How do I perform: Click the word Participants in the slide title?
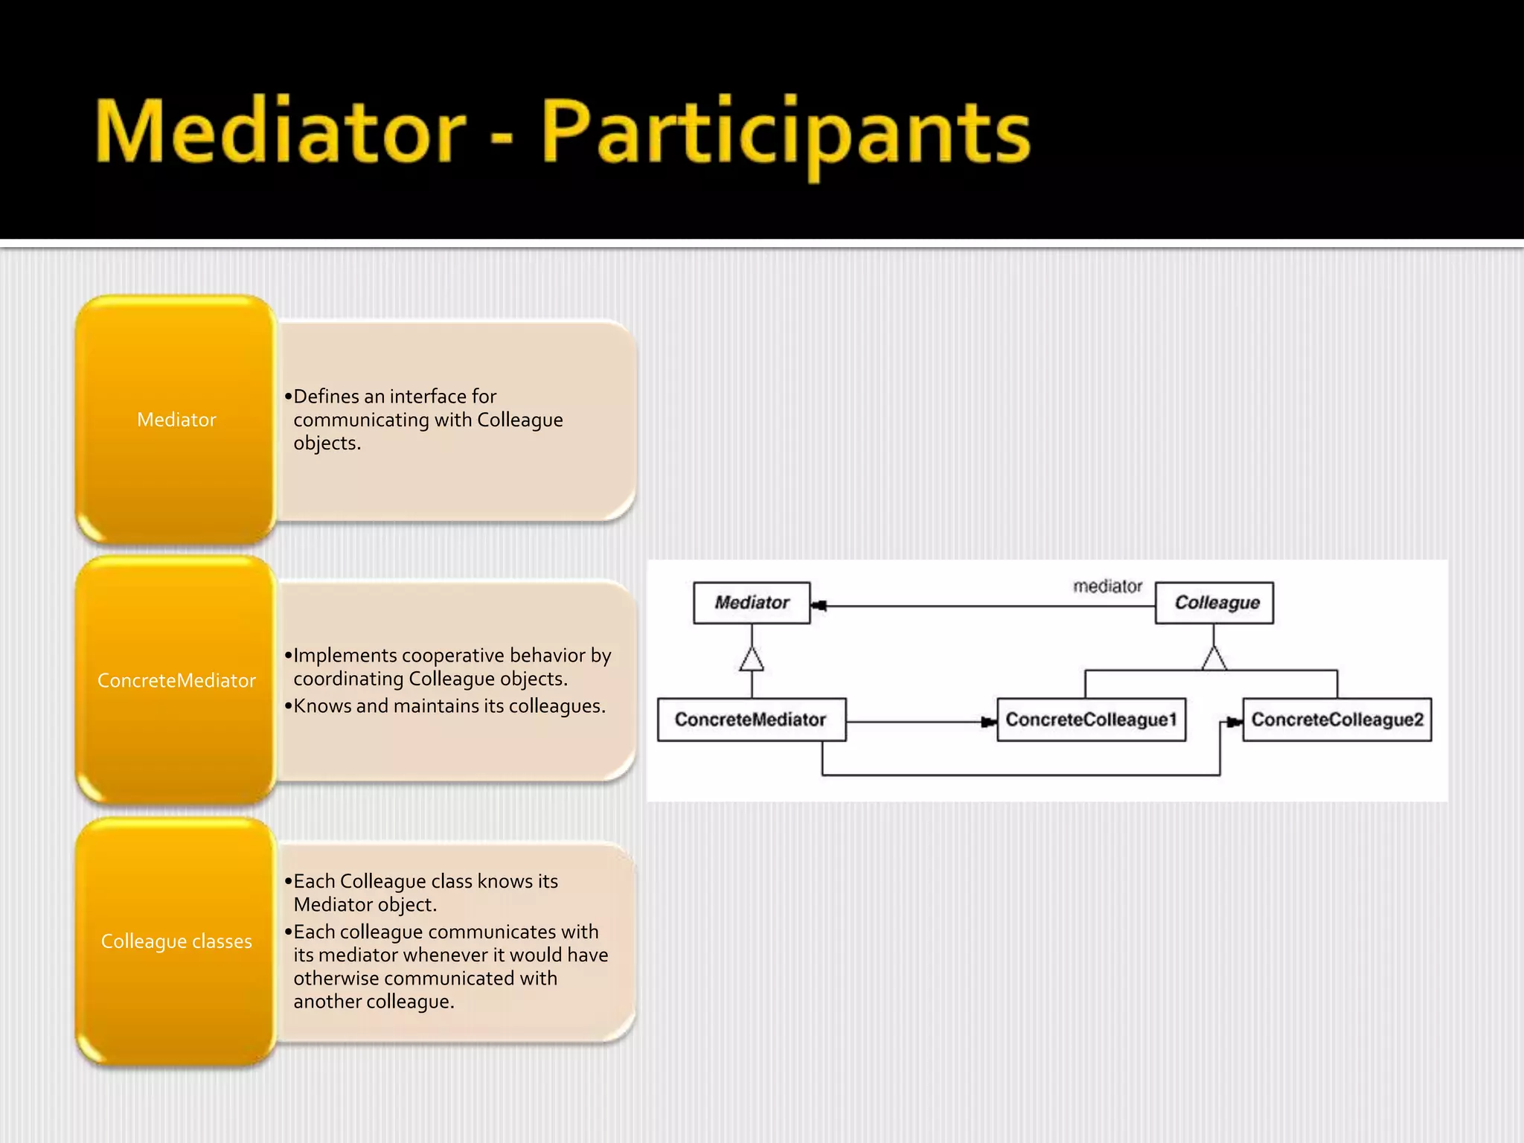[x=785, y=134]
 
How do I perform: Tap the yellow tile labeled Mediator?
[x=176, y=420]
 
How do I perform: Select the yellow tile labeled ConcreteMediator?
[x=176, y=680]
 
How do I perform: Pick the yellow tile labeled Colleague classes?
[x=176, y=941]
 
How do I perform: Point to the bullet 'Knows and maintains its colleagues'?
[x=449, y=705]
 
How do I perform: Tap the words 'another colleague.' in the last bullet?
[x=374, y=1002]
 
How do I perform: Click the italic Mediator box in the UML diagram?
[x=752, y=603]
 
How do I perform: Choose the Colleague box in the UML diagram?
[x=1214, y=603]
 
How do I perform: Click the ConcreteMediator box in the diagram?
[x=751, y=720]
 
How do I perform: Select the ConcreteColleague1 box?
[x=1091, y=720]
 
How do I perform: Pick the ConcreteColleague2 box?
[x=1337, y=720]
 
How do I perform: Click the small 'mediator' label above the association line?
[x=1107, y=586]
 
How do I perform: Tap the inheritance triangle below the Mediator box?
[x=752, y=660]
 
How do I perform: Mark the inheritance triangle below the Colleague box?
[x=1214, y=659]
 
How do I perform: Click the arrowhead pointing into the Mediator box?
[x=819, y=606]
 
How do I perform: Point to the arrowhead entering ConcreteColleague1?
[x=989, y=722]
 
